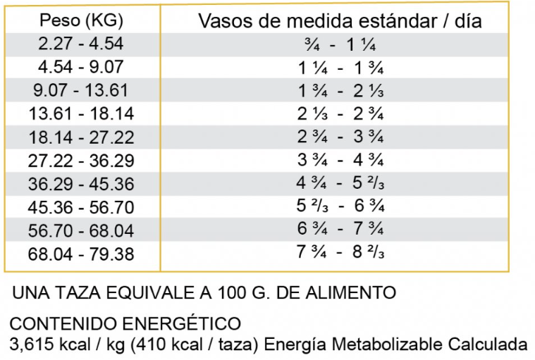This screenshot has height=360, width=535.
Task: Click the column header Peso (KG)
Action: click(x=81, y=20)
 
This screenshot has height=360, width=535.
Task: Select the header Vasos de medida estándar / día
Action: click(x=340, y=20)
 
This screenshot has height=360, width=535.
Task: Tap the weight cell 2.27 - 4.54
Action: click(x=81, y=44)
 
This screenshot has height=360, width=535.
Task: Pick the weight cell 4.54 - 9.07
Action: click(x=81, y=67)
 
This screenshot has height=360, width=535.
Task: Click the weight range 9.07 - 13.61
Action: click(x=81, y=90)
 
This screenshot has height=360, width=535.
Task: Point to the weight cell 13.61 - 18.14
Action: click(x=81, y=113)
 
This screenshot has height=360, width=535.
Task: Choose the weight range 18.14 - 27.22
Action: click(x=81, y=137)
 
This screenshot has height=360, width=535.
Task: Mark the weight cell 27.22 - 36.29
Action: click(x=81, y=160)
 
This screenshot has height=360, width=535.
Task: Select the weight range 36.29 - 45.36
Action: click(x=81, y=183)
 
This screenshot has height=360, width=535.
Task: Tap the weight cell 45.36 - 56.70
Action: click(x=81, y=207)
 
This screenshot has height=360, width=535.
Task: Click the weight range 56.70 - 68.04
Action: click(x=81, y=230)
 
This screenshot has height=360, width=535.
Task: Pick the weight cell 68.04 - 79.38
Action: click(x=81, y=253)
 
